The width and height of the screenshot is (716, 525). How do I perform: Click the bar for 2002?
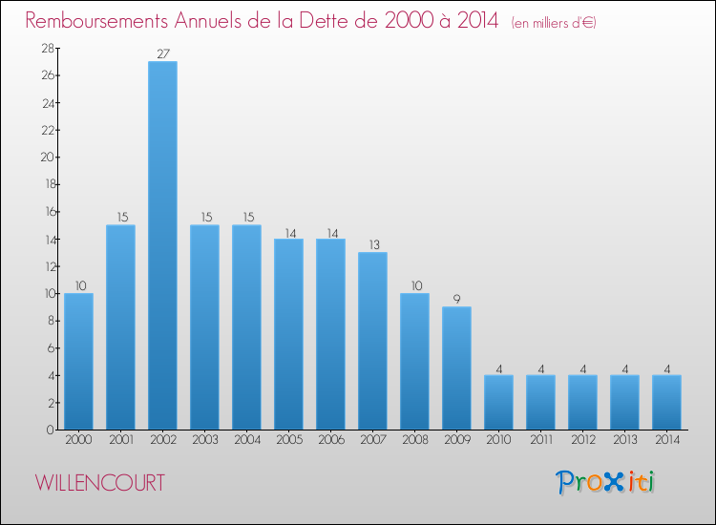(x=162, y=245)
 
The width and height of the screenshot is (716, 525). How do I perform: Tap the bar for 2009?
(x=456, y=367)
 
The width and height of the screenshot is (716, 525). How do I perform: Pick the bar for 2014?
(x=666, y=402)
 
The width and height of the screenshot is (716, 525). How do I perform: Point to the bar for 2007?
(x=372, y=341)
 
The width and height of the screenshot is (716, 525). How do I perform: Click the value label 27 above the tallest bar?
(x=162, y=53)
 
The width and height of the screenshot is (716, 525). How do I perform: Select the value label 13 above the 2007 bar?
(x=372, y=244)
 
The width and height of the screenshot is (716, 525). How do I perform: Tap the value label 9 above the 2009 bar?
(x=456, y=299)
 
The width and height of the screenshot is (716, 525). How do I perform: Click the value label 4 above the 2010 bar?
(x=498, y=367)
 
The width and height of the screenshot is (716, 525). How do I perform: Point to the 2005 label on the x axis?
(x=288, y=440)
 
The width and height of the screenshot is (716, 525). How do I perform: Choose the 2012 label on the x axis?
(x=582, y=440)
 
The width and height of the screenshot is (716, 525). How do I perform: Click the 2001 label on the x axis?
(x=120, y=440)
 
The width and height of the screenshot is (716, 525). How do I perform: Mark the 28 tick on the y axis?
(x=45, y=48)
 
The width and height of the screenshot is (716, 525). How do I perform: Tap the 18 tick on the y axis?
(x=45, y=184)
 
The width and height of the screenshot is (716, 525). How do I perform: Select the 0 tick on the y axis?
(x=49, y=430)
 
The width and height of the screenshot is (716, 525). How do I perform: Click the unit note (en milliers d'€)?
(x=554, y=23)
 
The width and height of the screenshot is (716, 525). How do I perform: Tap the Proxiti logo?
(x=605, y=482)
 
